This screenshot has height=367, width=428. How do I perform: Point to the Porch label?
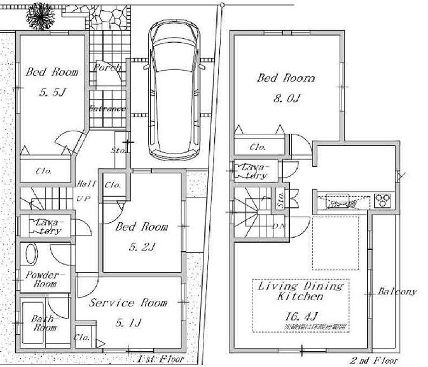[x=107, y=68]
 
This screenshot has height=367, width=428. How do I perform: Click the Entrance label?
[x=107, y=108]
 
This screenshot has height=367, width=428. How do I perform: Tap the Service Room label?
[x=128, y=303]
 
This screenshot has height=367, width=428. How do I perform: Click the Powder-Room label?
[x=41, y=279]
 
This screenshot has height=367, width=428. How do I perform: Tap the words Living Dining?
[x=300, y=287]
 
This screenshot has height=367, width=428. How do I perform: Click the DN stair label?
[x=279, y=226]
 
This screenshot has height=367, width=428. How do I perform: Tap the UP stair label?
[x=83, y=199]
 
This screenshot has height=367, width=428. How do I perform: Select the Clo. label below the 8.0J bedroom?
[x=258, y=147]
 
